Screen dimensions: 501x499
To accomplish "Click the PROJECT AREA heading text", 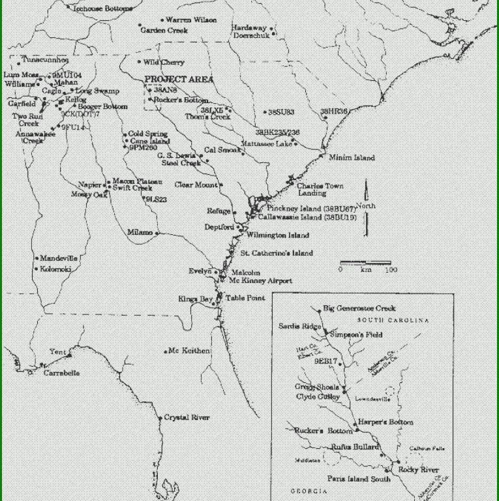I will pos(179,79).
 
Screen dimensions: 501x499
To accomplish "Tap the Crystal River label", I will pos(187,417).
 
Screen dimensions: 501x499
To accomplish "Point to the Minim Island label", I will pos(352,158).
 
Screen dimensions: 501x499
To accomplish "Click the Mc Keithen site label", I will pos(190,351).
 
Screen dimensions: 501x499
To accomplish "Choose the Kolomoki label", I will pos(56,269).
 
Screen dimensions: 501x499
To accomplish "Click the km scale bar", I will pos(365,263).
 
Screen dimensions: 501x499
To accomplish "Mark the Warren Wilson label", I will pos(191,20).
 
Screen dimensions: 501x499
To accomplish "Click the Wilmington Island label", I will pos(278,235).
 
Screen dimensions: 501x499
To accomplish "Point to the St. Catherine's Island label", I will pos(277,253).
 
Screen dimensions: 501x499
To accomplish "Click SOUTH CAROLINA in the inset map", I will pos(392,321).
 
